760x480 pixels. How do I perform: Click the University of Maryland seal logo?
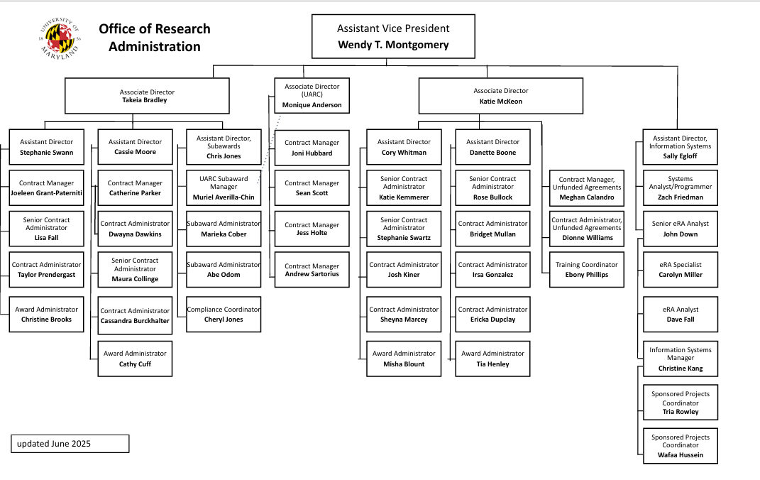pos(60,38)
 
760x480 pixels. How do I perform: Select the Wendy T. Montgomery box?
pos(393,36)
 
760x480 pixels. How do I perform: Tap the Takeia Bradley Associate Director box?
pos(147,96)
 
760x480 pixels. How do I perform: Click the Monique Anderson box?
pos(312,96)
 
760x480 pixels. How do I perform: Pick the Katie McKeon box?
pos(501,96)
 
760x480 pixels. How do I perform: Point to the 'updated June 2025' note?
pos(70,444)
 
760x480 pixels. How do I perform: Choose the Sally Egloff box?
pos(680,147)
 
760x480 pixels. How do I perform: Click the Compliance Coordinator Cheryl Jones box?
pos(224,314)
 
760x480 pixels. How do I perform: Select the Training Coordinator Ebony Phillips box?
pos(586,270)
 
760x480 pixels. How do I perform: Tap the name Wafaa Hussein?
pos(680,454)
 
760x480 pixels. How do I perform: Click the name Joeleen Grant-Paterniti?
pos(47,193)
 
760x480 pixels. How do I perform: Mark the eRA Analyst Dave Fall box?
pos(680,314)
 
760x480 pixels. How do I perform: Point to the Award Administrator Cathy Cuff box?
pos(135,359)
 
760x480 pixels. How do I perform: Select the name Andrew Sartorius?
pos(312,274)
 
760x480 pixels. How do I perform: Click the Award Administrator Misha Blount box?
pos(404,359)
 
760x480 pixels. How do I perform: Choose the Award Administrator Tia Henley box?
pos(492,359)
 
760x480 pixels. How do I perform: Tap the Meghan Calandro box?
pos(586,188)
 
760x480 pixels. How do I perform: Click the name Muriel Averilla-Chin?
pos(224,197)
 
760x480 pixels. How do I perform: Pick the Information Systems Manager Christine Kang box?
pos(680,359)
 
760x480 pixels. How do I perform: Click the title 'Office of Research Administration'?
pos(155,38)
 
